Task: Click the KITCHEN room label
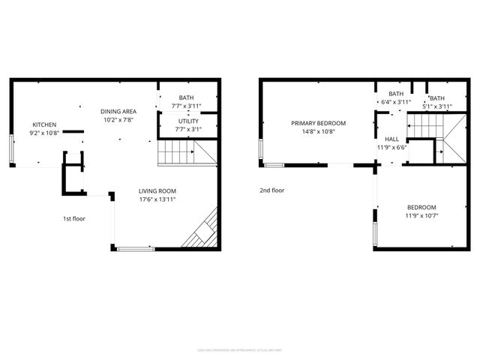coord(43,124)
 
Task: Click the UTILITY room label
coord(188,121)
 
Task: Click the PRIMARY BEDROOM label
coord(319,122)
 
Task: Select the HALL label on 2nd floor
coord(392,139)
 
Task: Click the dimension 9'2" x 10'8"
coord(43,133)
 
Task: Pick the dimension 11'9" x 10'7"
coord(421,217)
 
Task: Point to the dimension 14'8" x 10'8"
coord(319,131)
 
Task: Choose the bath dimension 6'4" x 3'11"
coord(394,103)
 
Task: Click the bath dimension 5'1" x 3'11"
coord(436,106)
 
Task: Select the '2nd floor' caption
coord(271,190)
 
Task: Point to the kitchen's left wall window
coord(10,148)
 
